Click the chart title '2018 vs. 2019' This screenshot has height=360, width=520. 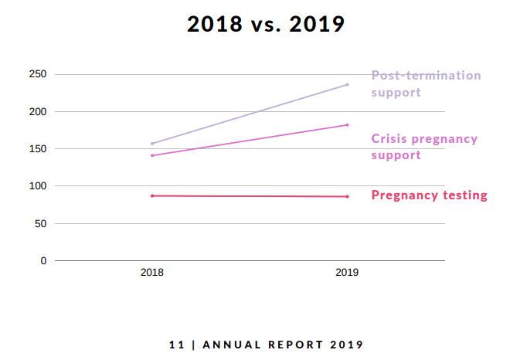click(265, 25)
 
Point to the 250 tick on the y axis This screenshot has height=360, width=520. click(38, 75)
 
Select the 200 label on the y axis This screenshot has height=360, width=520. click(38, 112)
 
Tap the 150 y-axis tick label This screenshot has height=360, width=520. click(38, 149)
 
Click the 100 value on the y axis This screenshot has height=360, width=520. click(38, 186)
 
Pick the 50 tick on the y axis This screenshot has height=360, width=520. click(41, 224)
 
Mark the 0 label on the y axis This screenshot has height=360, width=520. click(43, 261)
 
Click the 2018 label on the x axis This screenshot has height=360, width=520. click(152, 273)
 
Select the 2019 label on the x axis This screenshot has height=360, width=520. click(347, 273)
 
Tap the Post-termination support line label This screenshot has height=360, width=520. click(426, 83)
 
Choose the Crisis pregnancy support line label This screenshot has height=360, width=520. click(424, 147)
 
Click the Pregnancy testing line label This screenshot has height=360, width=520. click(429, 195)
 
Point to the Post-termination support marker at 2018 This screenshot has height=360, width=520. click(152, 144)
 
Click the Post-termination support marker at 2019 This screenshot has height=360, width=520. click(347, 84)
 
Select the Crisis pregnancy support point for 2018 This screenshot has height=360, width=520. click(152, 155)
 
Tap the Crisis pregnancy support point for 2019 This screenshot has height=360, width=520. click(347, 125)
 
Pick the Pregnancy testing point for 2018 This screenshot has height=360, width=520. click(152, 195)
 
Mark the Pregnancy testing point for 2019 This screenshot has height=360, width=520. click(347, 196)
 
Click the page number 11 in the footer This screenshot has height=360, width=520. click(176, 345)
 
